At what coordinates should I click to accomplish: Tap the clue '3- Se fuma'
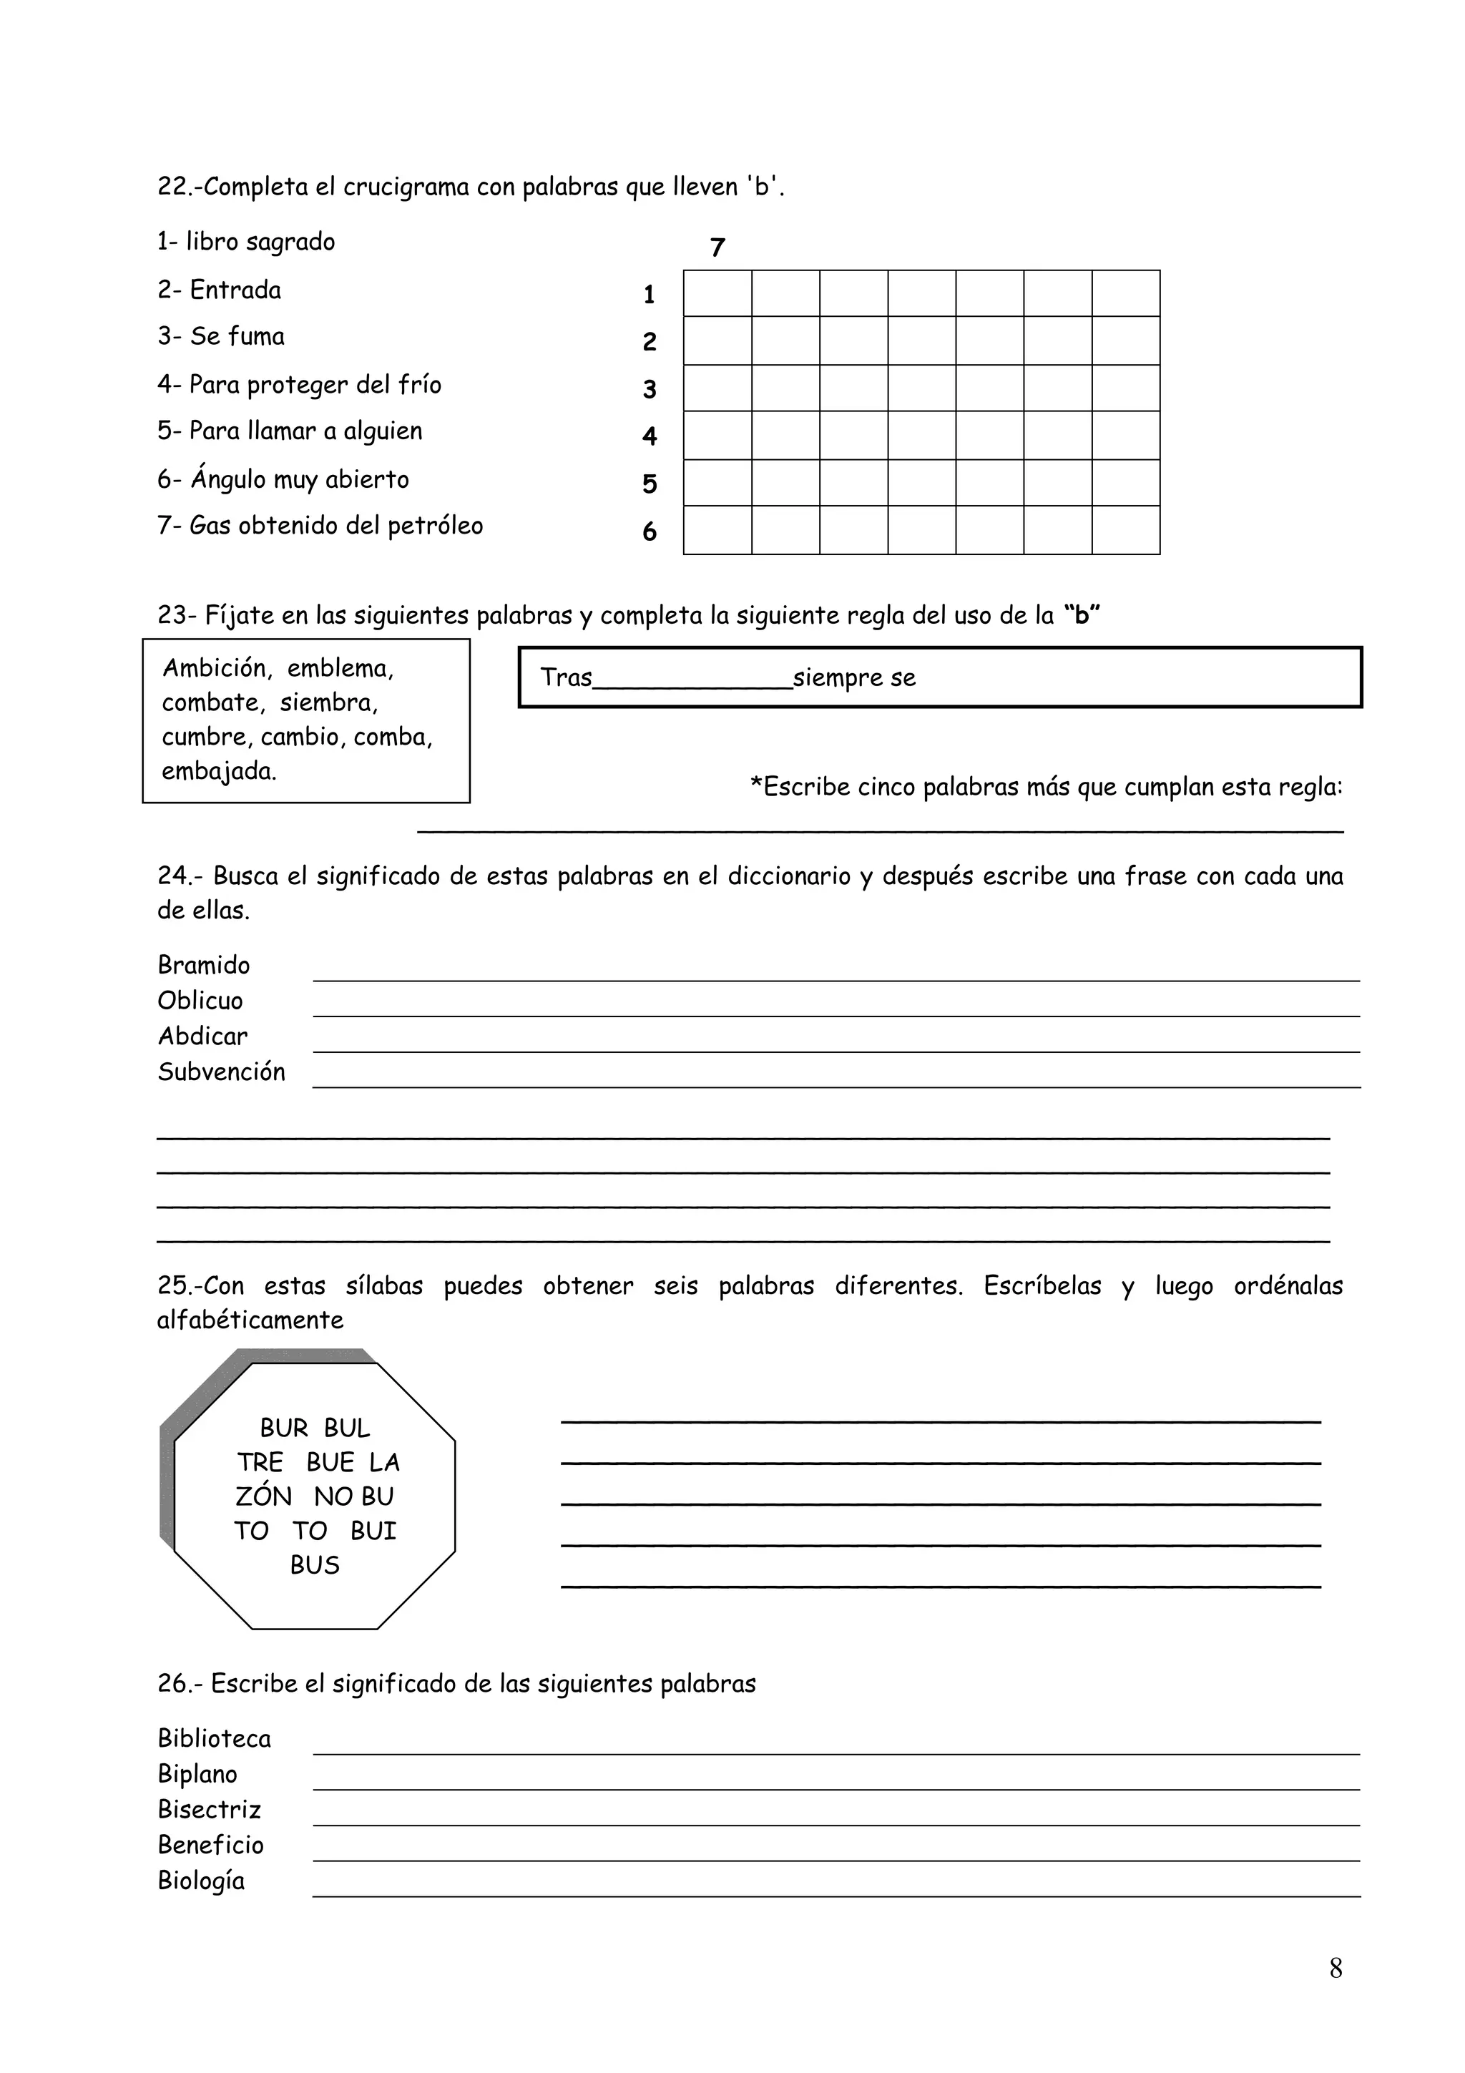pos(221,337)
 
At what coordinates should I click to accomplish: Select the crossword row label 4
pos(649,437)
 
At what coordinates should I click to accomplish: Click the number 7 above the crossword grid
pos(717,248)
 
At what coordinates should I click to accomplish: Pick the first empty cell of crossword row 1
pos(717,293)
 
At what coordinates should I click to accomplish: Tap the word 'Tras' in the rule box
pos(566,677)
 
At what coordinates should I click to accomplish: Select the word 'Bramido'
pos(204,965)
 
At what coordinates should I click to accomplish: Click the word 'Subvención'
pos(221,1072)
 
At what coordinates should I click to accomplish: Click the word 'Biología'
pos(201,1881)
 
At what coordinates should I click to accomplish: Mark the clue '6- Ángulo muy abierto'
pos(283,479)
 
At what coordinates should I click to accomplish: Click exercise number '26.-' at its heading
pos(180,1684)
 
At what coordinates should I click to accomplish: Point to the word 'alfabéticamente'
pos(250,1320)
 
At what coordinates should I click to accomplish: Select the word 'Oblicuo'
pos(200,1001)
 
